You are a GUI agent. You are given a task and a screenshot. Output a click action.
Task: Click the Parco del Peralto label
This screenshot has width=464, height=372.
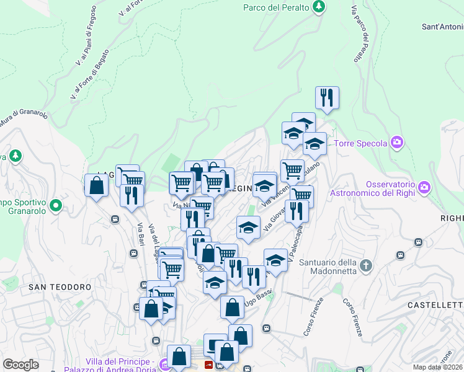point(276,7)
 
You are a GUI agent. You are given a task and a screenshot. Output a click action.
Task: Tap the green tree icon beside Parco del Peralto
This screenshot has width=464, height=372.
point(319,7)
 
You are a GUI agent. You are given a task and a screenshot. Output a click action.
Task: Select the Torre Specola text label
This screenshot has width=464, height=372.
point(360,144)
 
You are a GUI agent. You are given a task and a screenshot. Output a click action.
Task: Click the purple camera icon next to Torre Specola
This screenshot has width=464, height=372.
point(398,143)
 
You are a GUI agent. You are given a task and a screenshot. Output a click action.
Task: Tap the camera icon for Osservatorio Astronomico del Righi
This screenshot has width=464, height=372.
point(424,186)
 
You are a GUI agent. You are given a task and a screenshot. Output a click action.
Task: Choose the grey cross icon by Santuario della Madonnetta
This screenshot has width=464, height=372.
point(366,266)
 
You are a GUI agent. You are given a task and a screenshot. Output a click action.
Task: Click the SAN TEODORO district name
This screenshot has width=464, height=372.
point(60,287)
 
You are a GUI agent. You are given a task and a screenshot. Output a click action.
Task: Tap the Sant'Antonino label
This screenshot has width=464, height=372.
point(442,27)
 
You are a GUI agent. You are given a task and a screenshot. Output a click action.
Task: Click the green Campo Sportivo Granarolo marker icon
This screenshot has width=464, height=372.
point(56,204)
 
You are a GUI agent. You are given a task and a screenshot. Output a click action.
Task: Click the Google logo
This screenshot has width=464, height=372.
point(20,365)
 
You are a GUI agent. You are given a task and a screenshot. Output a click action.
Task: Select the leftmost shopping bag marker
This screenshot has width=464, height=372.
point(97,185)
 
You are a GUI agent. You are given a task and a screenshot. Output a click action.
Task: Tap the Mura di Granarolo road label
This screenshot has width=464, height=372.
point(25,117)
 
